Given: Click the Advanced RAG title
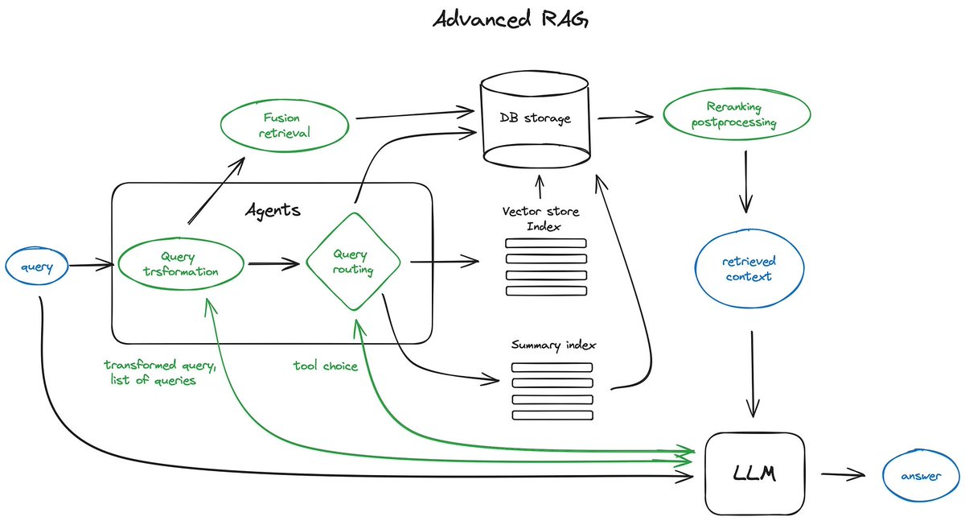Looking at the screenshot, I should point(511,19).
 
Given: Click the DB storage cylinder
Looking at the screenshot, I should point(535,118).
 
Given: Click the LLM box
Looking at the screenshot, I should point(754,474).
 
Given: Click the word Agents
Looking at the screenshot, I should point(273,211).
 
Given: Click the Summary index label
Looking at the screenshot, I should point(553,345).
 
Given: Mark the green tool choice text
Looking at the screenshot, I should point(325,365).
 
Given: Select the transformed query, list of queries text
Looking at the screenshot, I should point(160,372).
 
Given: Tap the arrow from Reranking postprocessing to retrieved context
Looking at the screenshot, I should point(747,183).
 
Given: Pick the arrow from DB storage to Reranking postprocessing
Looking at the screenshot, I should point(624,118).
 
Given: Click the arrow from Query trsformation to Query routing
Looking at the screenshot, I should point(273,263).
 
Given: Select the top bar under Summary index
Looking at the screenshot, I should point(552,367).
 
